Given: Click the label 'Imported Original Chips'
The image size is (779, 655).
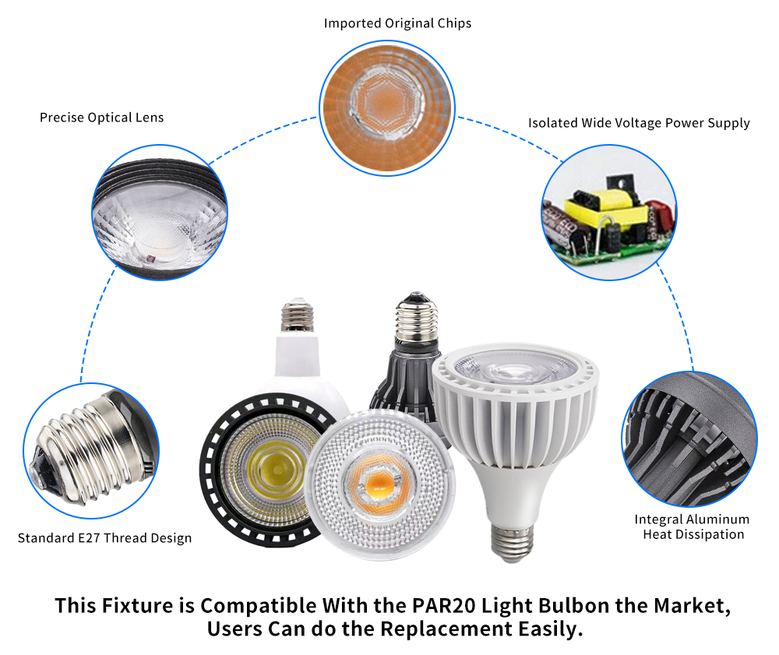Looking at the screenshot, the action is click(397, 23).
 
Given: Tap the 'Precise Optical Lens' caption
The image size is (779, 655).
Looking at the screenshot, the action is click(102, 118).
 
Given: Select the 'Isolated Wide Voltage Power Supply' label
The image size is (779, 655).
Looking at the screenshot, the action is click(639, 123).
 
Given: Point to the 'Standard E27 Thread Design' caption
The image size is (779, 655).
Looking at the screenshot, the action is click(105, 538).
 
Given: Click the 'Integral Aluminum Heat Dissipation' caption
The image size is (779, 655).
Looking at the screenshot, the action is click(693, 526).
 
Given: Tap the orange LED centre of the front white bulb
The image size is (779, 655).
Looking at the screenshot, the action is click(379, 484).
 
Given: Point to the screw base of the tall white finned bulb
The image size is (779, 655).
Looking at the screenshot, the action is click(512, 543).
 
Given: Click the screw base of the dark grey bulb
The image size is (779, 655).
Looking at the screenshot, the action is click(416, 319).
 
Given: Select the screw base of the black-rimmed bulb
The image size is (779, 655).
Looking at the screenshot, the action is click(297, 315).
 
